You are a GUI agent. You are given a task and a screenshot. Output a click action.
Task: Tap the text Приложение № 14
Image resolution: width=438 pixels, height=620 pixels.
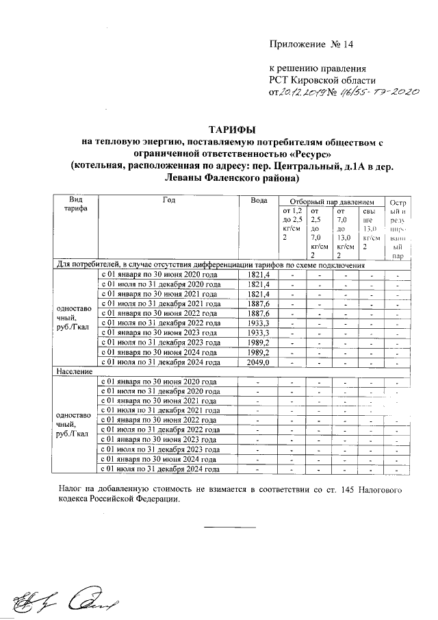point(311,45)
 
